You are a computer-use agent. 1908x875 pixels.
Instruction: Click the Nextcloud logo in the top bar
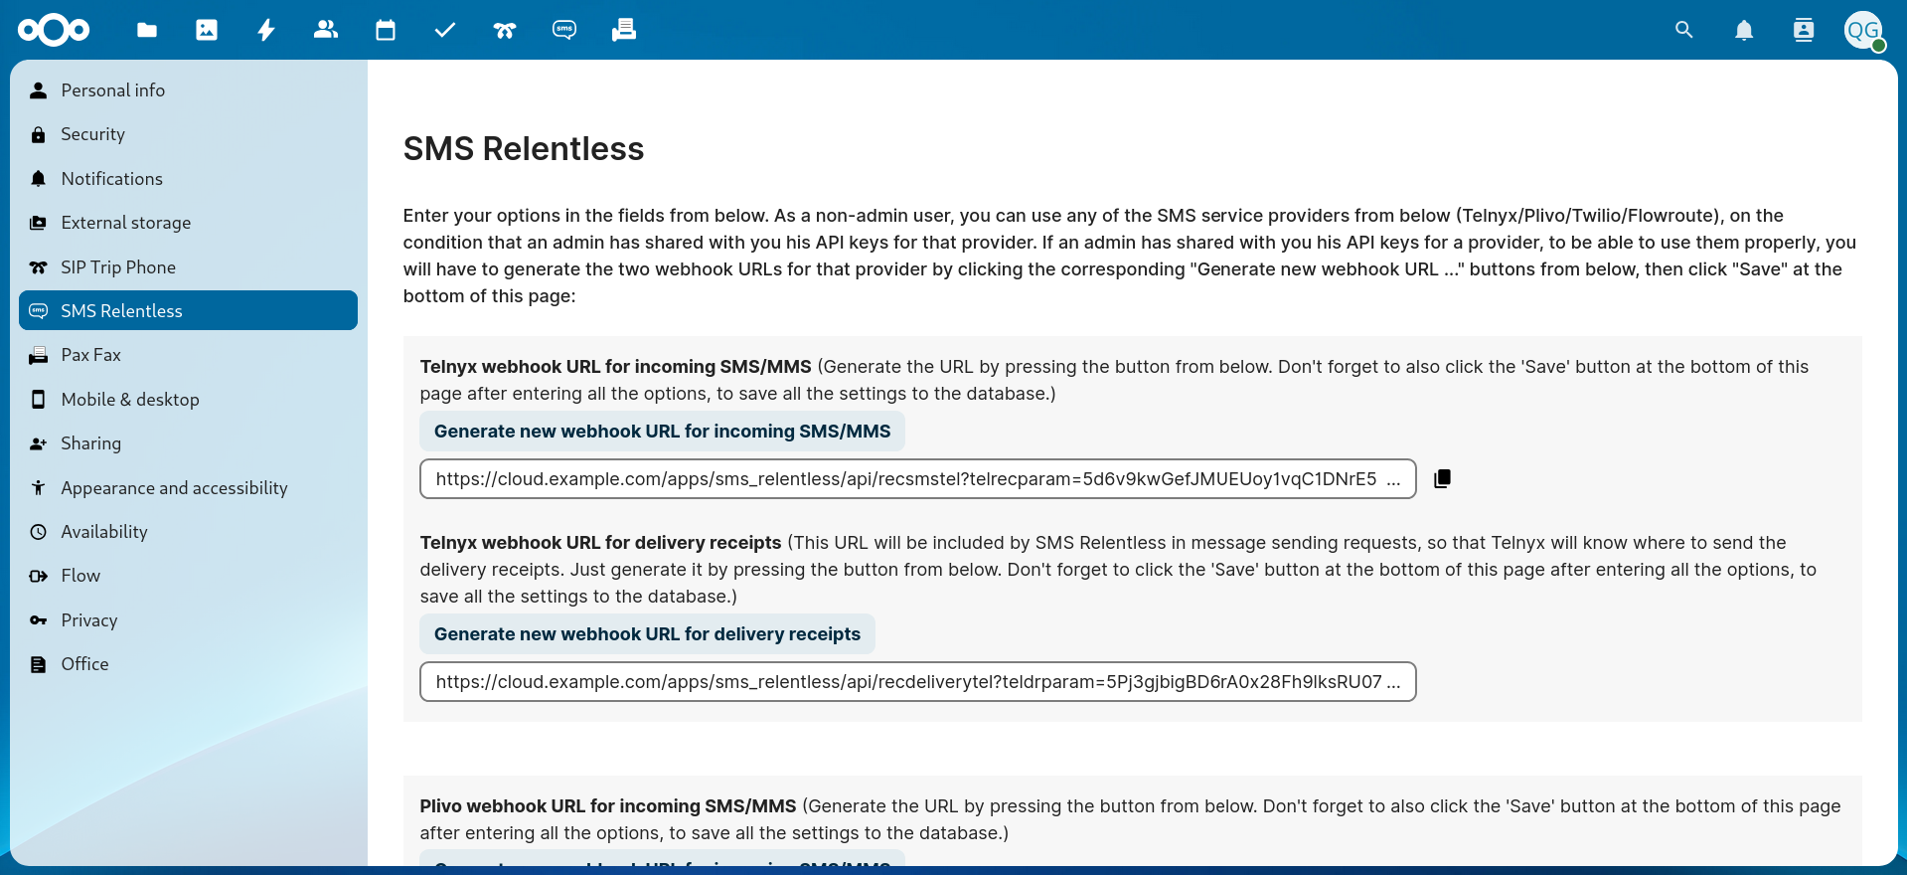pyautogui.click(x=54, y=30)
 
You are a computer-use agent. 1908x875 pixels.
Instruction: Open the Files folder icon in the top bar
pyautogui.click(x=147, y=30)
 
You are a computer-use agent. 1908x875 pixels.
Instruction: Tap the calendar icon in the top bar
pyautogui.click(x=386, y=30)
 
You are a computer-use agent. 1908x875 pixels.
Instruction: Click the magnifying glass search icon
pyautogui.click(x=1683, y=30)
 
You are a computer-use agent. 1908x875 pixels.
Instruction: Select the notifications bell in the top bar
pyautogui.click(x=1744, y=30)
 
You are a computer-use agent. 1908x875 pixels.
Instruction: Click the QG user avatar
pyautogui.click(x=1863, y=30)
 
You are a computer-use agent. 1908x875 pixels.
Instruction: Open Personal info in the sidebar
pyautogui.click(x=112, y=90)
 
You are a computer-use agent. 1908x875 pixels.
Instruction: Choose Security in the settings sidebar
pyautogui.click(x=92, y=134)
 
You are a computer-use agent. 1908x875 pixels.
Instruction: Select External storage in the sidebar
pyautogui.click(x=125, y=223)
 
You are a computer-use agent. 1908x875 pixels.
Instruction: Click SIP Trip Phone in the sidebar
pyautogui.click(x=117, y=267)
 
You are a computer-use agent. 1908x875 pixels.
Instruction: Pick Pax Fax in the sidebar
pyautogui.click(x=90, y=355)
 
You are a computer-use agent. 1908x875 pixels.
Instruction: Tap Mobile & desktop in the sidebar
pyautogui.click(x=129, y=400)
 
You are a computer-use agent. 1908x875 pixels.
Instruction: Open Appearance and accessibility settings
pyautogui.click(x=174, y=488)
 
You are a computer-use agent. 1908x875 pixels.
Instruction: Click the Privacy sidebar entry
pyautogui.click(x=88, y=620)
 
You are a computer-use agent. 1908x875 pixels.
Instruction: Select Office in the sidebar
pyautogui.click(x=84, y=664)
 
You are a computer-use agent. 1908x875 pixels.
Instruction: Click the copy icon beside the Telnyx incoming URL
pyautogui.click(x=1442, y=479)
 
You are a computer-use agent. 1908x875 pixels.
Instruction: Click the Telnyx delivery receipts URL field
pyautogui.click(x=917, y=682)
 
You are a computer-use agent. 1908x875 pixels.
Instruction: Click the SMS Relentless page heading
pyautogui.click(x=524, y=149)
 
